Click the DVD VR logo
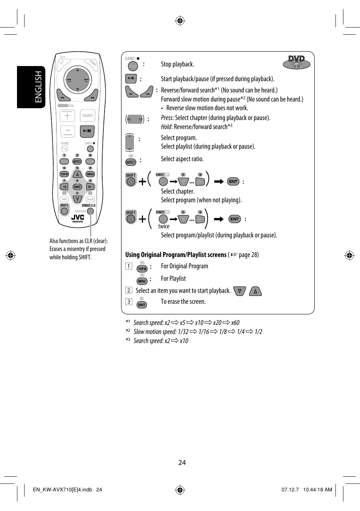[x=297, y=62]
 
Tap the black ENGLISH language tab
[x=31, y=87]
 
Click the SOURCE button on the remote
[x=87, y=116]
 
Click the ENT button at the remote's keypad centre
[x=77, y=187]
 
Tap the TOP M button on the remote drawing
[x=64, y=174]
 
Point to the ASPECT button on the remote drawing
[x=77, y=162]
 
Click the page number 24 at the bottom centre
[x=182, y=463]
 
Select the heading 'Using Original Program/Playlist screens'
[x=176, y=255]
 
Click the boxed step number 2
[x=129, y=290]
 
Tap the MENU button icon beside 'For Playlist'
[x=142, y=281]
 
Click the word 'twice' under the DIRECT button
[x=164, y=226]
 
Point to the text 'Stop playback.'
[x=177, y=64]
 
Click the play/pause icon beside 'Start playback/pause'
[x=131, y=78]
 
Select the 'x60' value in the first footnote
[x=235, y=323]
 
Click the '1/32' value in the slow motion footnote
[x=183, y=332]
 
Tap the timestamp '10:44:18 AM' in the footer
[x=317, y=489]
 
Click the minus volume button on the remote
[x=68, y=131]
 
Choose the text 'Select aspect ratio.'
[x=182, y=159]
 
